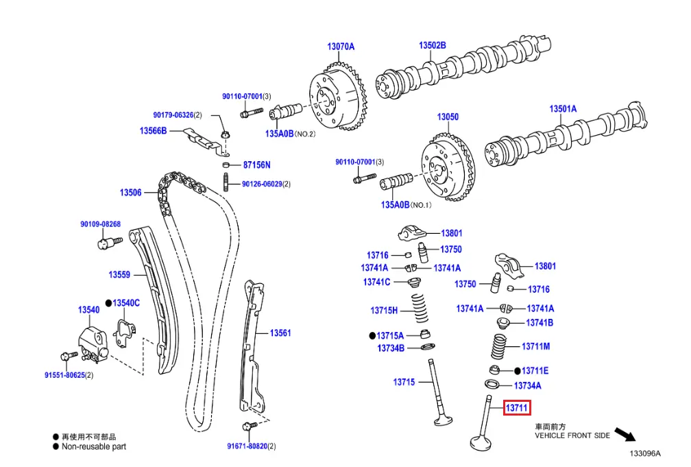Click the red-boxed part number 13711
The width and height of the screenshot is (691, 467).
[517, 408]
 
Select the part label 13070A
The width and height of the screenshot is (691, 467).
[341, 47]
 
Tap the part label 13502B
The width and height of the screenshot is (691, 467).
[433, 45]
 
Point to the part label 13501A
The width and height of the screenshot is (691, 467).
[563, 108]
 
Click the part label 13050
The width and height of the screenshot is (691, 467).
[448, 117]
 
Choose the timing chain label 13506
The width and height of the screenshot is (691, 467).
[130, 193]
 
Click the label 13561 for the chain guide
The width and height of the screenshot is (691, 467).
[280, 333]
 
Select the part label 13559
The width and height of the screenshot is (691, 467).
[119, 275]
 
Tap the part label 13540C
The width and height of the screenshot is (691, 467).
[126, 302]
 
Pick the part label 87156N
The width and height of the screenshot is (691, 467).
[257, 165]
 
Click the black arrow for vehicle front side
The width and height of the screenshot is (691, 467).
[624, 435]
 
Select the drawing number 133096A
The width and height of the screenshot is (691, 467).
[645, 453]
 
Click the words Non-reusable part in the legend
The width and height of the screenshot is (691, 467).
[94, 446]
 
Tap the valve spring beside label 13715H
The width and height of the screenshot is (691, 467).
[420, 309]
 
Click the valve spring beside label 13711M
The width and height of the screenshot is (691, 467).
[498, 346]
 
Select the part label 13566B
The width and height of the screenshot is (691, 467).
[153, 130]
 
